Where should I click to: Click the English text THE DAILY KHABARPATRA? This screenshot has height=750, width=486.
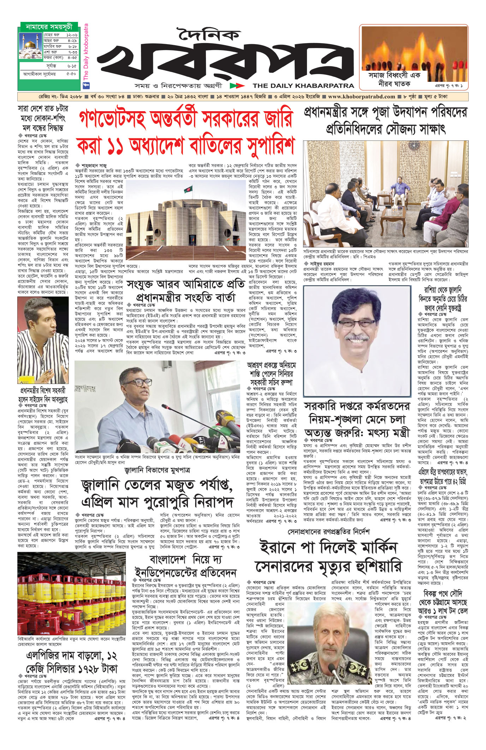click(303, 85)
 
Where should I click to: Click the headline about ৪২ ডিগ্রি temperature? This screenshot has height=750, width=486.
click(443, 476)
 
